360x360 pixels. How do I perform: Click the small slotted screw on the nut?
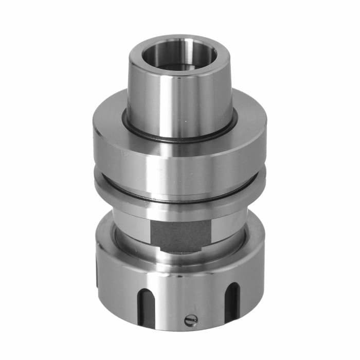[x=191, y=320]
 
